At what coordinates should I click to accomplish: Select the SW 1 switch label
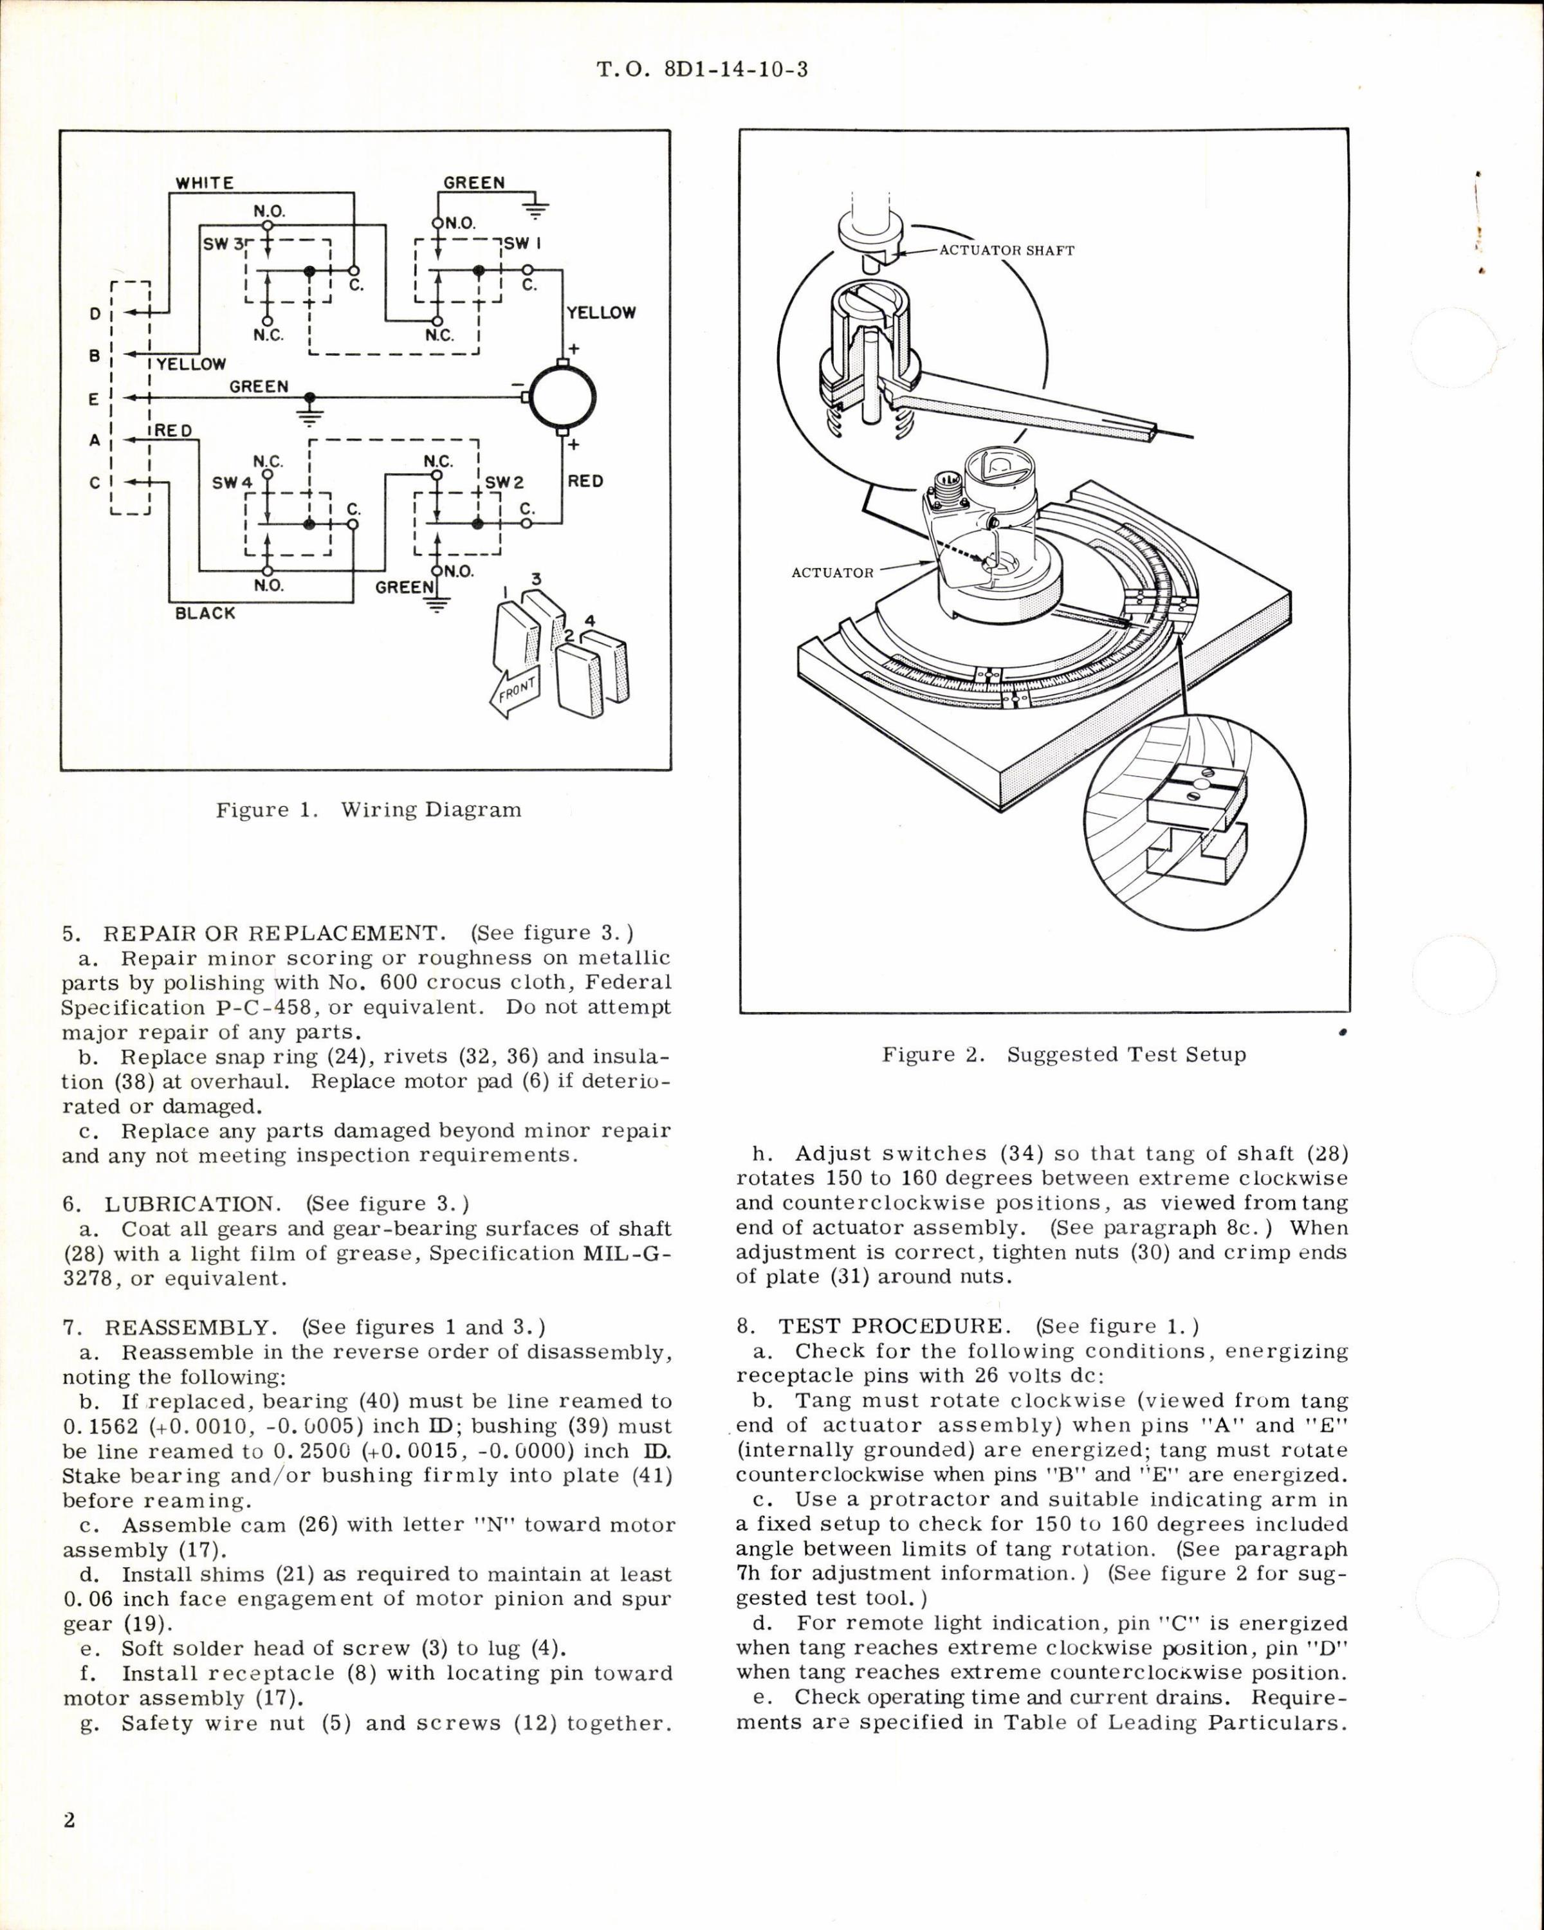524,243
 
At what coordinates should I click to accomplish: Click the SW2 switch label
505,482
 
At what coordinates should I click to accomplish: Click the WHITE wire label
204,183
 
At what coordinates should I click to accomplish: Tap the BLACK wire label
205,613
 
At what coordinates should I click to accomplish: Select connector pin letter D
94,314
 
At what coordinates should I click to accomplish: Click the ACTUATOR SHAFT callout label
1006,251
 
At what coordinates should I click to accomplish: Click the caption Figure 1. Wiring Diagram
368,810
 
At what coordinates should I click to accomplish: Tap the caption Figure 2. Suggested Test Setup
1063,1054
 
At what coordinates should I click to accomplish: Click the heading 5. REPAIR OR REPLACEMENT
252,933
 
